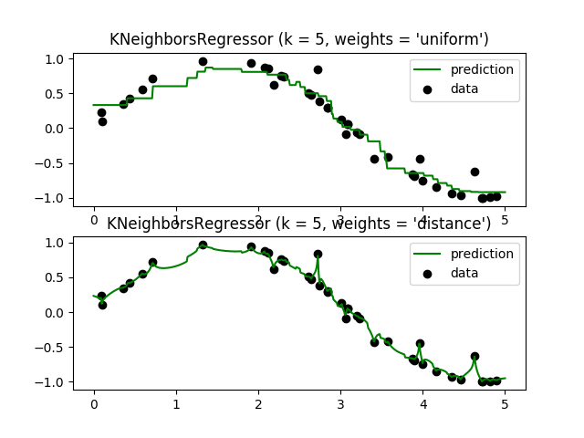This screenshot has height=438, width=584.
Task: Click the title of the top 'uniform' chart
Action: click(299, 39)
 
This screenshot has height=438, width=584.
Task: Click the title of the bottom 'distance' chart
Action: click(299, 224)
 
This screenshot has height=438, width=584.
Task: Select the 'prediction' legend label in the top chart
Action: click(482, 69)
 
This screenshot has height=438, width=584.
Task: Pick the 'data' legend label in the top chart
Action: click(465, 89)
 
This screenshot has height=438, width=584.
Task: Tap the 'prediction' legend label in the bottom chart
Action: click(482, 254)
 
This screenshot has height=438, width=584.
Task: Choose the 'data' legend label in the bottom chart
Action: click(465, 273)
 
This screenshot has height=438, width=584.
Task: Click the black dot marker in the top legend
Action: click(427, 89)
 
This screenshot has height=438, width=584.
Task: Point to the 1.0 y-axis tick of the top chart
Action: click(55, 59)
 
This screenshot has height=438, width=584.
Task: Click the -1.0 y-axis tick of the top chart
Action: click(51, 198)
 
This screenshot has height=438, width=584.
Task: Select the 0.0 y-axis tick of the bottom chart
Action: click(55, 313)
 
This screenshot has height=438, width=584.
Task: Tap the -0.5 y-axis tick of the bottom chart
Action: click(51, 348)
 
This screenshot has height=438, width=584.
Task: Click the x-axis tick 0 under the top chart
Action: click(93, 220)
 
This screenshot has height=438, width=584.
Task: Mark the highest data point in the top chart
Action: click(203, 62)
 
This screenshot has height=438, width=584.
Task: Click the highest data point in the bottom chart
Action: click(203, 245)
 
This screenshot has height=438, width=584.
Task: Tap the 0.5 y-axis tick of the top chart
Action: click(55, 94)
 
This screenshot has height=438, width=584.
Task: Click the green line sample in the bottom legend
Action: click(427, 254)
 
